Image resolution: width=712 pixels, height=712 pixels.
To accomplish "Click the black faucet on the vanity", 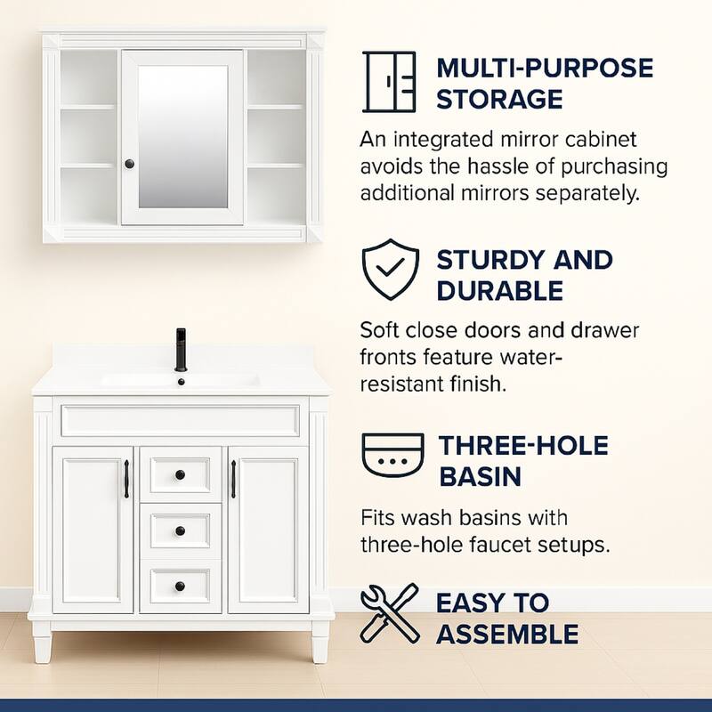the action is (x=181, y=349).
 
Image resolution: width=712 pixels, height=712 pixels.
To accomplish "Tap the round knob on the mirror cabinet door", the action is (x=129, y=164).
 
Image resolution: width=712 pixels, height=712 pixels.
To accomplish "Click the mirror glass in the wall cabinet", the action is (x=183, y=136).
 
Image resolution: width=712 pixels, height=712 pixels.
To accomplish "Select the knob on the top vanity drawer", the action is (x=181, y=475).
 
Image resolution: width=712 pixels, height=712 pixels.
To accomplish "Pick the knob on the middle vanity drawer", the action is (x=181, y=530).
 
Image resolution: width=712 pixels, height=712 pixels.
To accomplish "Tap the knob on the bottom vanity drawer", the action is (x=181, y=587).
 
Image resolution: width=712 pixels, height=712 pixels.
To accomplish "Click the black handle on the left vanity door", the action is (x=126, y=479).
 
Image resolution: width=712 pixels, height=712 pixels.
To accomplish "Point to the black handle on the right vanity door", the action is (x=233, y=479).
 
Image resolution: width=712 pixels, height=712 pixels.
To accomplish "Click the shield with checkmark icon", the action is (x=391, y=270).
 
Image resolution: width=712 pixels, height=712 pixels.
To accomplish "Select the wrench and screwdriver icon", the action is (x=390, y=613).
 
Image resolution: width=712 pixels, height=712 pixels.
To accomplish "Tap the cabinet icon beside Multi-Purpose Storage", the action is (x=389, y=82).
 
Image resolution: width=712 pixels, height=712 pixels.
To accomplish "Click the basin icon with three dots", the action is (x=392, y=455).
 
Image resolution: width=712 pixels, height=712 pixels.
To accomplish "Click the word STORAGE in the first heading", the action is (x=499, y=100).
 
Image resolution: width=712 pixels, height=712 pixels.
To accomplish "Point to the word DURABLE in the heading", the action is (x=500, y=291).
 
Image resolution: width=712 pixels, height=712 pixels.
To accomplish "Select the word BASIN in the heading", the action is (x=480, y=477).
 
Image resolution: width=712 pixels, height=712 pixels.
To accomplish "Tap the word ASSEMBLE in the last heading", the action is (x=507, y=635).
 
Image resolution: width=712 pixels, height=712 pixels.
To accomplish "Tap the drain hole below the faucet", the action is (x=182, y=382).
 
